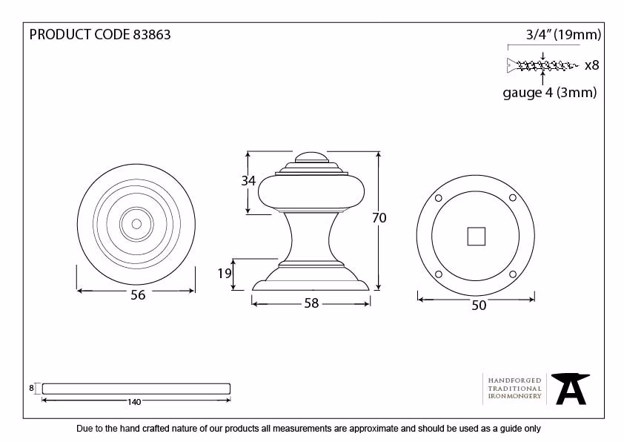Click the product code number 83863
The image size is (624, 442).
[x=152, y=35]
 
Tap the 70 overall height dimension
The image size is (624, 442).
[x=379, y=218]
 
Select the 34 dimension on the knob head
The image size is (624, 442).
[x=248, y=181]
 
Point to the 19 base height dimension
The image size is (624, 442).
[x=225, y=273]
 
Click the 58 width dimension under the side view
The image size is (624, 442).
[x=311, y=303]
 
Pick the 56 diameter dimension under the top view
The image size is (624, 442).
[x=138, y=294]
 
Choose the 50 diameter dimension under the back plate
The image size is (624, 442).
[x=479, y=306]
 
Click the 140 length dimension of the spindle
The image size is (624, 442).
[x=134, y=402]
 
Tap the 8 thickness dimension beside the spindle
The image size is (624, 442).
[x=31, y=388]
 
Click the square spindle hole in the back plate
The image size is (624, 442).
[x=476, y=236]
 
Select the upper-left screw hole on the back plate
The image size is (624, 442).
[x=439, y=198]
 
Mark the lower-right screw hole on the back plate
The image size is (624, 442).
[x=513, y=274]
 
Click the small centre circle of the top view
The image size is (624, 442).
[x=136, y=224]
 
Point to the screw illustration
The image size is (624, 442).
[x=542, y=65]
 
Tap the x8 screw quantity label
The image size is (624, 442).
[x=592, y=65]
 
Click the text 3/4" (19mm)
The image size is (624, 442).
[x=563, y=35]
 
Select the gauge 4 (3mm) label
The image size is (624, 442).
[x=550, y=93]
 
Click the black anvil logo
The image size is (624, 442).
[x=571, y=389]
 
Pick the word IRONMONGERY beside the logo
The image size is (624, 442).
[x=514, y=396]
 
